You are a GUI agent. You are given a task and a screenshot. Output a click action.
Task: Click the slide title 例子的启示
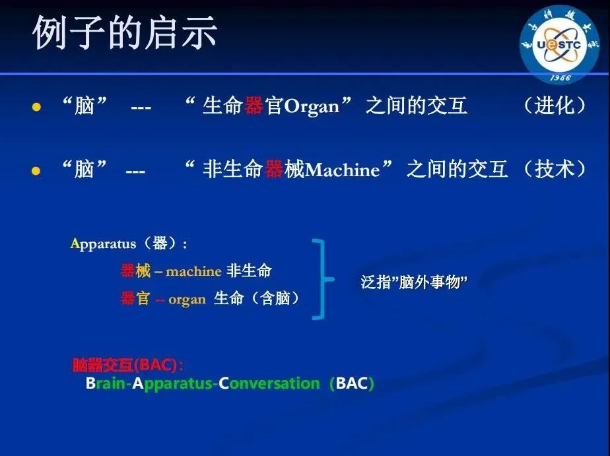click(x=125, y=32)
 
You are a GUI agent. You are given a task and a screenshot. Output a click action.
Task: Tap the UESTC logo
click(x=560, y=44)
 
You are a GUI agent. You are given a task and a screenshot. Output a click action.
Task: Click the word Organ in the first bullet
click(x=312, y=106)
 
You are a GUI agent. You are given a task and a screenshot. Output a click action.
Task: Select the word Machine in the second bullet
click(x=342, y=170)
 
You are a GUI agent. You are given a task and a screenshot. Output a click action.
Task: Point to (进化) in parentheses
click(x=555, y=106)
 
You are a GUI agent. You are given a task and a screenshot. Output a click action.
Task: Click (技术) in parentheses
click(x=555, y=169)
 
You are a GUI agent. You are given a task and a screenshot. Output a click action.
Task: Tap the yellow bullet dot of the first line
click(x=36, y=107)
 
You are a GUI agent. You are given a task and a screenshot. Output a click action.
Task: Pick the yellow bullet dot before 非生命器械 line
click(x=36, y=171)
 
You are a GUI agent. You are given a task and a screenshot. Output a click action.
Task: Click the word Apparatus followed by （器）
click(x=103, y=244)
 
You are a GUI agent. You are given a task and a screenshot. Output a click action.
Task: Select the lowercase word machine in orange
click(x=193, y=271)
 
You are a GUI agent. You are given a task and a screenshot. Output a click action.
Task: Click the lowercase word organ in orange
click(x=187, y=300)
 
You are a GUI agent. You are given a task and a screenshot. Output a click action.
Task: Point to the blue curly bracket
click(x=323, y=279)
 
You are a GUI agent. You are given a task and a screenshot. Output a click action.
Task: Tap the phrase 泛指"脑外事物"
click(x=413, y=282)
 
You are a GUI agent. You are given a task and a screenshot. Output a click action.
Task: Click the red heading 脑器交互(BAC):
click(x=127, y=365)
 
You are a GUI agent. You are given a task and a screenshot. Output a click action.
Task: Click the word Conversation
click(x=269, y=383)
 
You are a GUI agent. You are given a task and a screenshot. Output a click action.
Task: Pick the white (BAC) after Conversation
click(x=352, y=383)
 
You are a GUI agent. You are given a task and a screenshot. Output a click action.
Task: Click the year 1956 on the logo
click(x=560, y=78)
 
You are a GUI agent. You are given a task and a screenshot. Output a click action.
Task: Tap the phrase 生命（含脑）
click(x=257, y=298)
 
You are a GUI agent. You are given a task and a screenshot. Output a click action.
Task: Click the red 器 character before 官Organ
click(x=254, y=106)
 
